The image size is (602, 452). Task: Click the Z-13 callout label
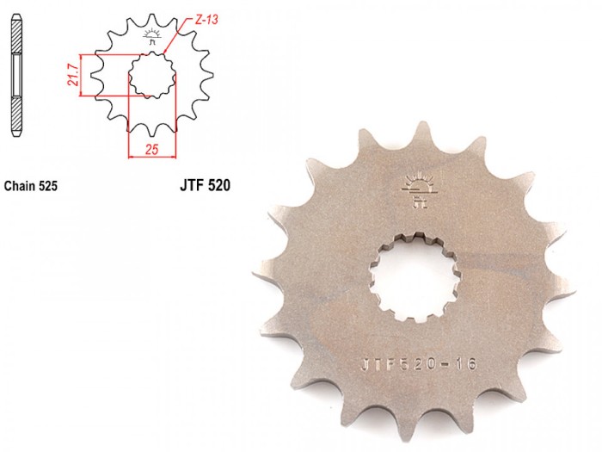206,19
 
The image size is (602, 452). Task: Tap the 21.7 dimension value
73,75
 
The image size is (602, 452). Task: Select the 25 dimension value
151,149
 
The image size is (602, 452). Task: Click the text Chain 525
31,186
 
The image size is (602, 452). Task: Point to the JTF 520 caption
205,185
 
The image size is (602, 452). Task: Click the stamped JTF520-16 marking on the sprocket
419,363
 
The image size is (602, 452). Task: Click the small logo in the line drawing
152,36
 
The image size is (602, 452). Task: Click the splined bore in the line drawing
152,75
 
